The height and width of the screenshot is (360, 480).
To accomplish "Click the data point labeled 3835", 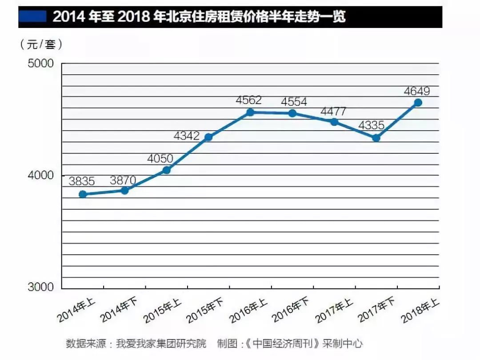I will [x=83, y=194].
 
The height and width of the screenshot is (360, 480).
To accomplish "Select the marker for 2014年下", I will [x=125, y=190].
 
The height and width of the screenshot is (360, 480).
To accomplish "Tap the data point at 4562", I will [x=250, y=112].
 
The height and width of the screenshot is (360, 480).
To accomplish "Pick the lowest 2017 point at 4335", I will [x=376, y=138].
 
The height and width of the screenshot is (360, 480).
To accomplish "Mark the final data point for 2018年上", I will [x=418, y=103].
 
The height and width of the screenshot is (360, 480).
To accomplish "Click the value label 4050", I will [x=160, y=158].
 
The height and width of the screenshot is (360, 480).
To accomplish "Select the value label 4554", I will [x=294, y=102].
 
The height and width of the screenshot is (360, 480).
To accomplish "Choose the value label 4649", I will [x=417, y=92].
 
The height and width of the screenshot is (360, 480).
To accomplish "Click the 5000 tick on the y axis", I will [x=41, y=64].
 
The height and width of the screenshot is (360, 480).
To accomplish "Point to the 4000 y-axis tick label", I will [x=41, y=176].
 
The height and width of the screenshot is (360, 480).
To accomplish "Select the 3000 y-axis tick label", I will [x=41, y=288].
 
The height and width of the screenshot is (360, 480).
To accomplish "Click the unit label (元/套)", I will [x=41, y=44].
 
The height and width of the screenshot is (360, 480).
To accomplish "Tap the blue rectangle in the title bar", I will [x=32, y=17].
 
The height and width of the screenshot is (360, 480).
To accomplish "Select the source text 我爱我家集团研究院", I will [x=161, y=344].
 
